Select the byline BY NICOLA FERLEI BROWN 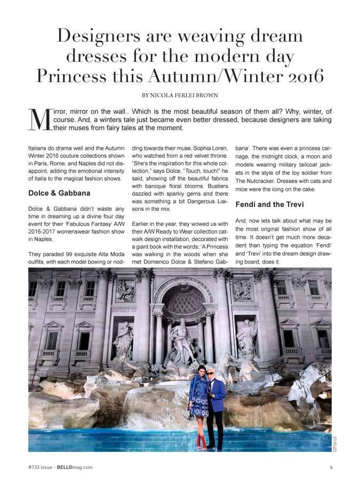point(179,95)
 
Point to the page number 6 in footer point(331,467)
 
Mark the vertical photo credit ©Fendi point(335,444)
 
